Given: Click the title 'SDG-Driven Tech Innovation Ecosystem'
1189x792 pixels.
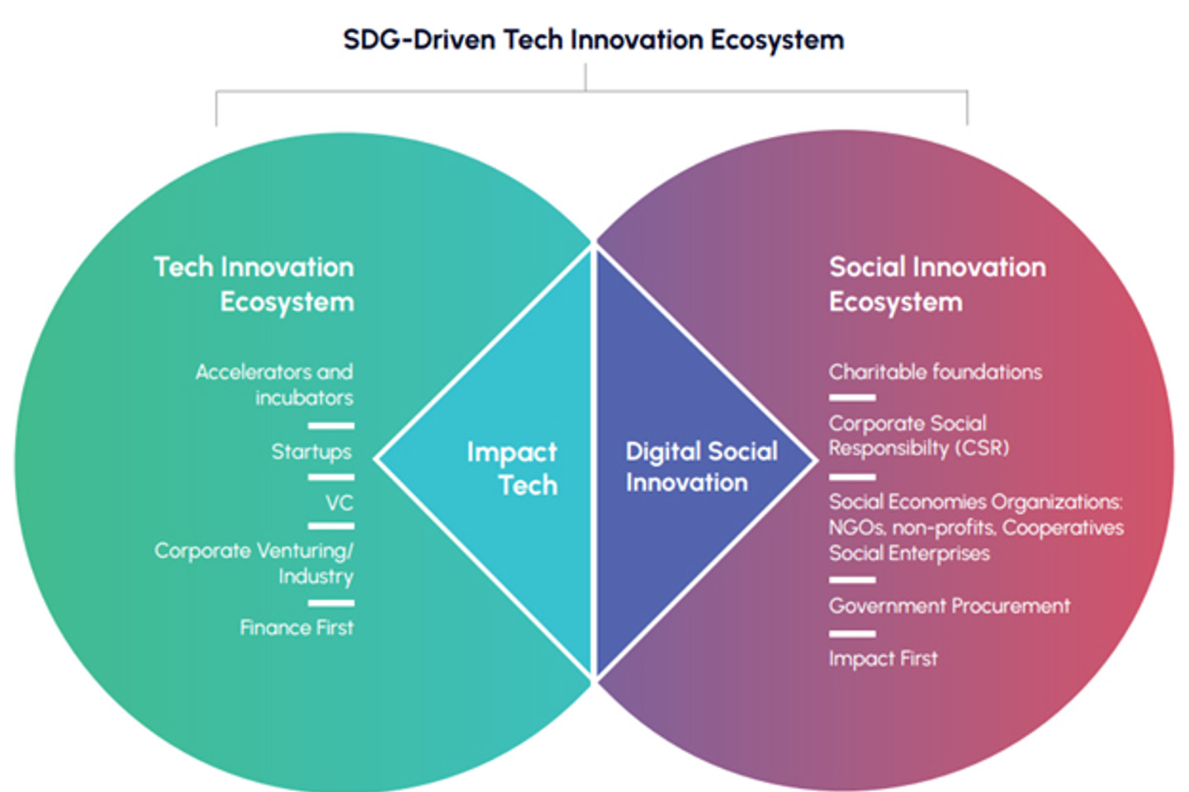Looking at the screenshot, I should coord(593,40).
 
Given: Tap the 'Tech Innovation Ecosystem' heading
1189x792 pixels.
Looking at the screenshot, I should coord(254,284).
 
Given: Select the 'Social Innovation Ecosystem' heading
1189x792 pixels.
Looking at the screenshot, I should coord(936,284).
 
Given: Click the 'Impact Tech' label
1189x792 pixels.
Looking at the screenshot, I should coord(513,468).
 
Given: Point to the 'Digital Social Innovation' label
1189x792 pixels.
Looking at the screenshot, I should coord(701,467).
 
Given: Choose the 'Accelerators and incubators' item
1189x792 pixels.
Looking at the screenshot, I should coord(274,384).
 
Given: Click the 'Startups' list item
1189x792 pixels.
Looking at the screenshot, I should coord(311,452).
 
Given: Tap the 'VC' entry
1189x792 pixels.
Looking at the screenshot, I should coord(339,502).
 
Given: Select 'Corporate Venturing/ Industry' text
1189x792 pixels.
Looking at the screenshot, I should coord(254,563).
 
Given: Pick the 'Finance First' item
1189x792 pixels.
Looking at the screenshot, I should coord(296,628).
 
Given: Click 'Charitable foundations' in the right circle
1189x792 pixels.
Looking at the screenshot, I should coord(935,372).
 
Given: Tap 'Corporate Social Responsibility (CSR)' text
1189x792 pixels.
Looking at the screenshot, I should coord(918,436).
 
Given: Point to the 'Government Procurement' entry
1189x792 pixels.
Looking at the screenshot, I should coord(949,606).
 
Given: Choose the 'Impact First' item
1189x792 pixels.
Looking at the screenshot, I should coord(883,658).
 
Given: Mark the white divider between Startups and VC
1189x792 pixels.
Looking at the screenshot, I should coord(331,477).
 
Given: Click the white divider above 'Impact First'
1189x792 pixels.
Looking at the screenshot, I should coord(852,634).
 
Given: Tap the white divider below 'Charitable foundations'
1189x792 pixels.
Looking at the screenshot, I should coord(852,398).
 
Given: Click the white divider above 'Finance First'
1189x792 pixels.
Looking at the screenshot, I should coord(331,603).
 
